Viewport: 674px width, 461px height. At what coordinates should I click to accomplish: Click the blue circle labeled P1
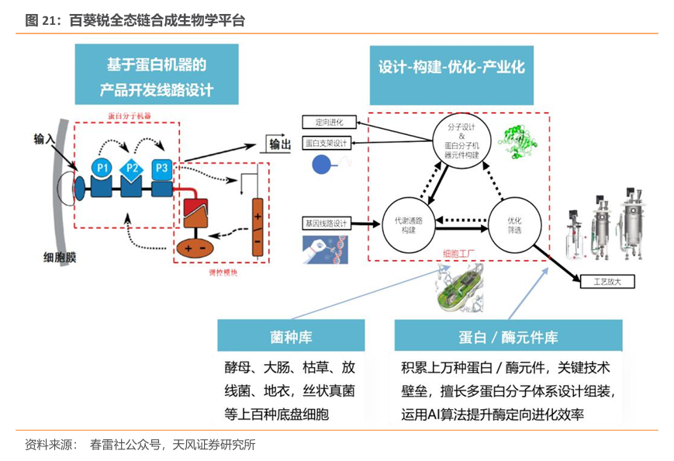[102, 167]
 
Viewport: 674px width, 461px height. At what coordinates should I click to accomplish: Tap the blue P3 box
[161, 167]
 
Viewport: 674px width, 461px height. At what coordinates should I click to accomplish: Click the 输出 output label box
[280, 144]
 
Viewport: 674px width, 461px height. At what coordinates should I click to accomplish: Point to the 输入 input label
[45, 138]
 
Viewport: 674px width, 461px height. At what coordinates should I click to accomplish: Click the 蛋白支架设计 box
[327, 143]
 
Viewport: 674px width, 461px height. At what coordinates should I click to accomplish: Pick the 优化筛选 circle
[514, 225]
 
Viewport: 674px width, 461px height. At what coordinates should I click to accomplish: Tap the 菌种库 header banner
[291, 336]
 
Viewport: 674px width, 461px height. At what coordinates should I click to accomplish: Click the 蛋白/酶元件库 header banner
[508, 337]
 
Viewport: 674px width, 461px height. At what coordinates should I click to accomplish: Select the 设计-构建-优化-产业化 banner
[451, 68]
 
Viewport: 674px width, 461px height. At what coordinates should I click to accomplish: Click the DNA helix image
[326, 249]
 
